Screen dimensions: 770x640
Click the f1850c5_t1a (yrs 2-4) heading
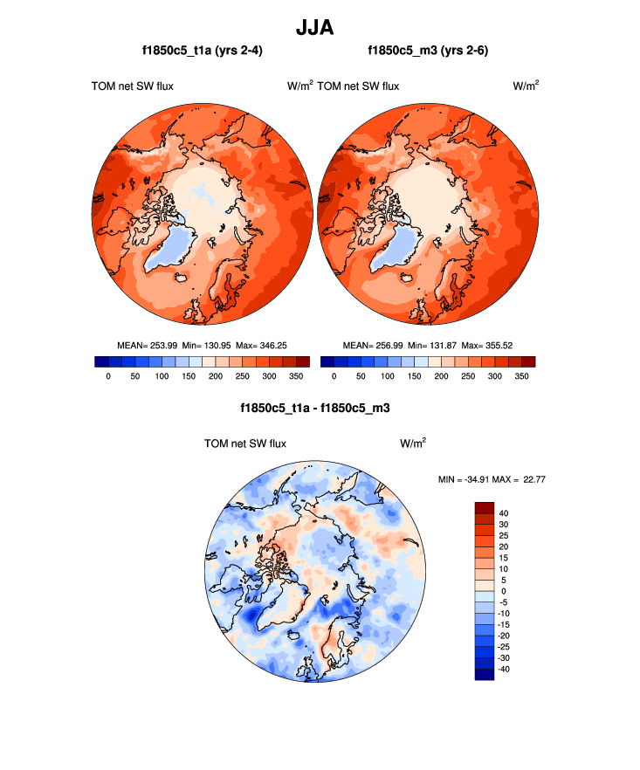[x=202, y=52]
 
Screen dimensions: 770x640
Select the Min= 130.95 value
[x=203, y=346]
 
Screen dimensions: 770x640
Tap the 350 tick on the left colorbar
[x=297, y=376]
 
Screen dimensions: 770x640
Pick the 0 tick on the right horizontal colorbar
[x=334, y=376]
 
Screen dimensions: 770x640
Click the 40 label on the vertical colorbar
[x=503, y=512]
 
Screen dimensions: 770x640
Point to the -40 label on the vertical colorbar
[x=505, y=669]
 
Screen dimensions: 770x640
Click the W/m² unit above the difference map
[x=413, y=443]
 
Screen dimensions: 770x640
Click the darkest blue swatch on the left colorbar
[x=100, y=361]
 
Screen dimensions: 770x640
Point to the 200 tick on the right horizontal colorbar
[x=440, y=376]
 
